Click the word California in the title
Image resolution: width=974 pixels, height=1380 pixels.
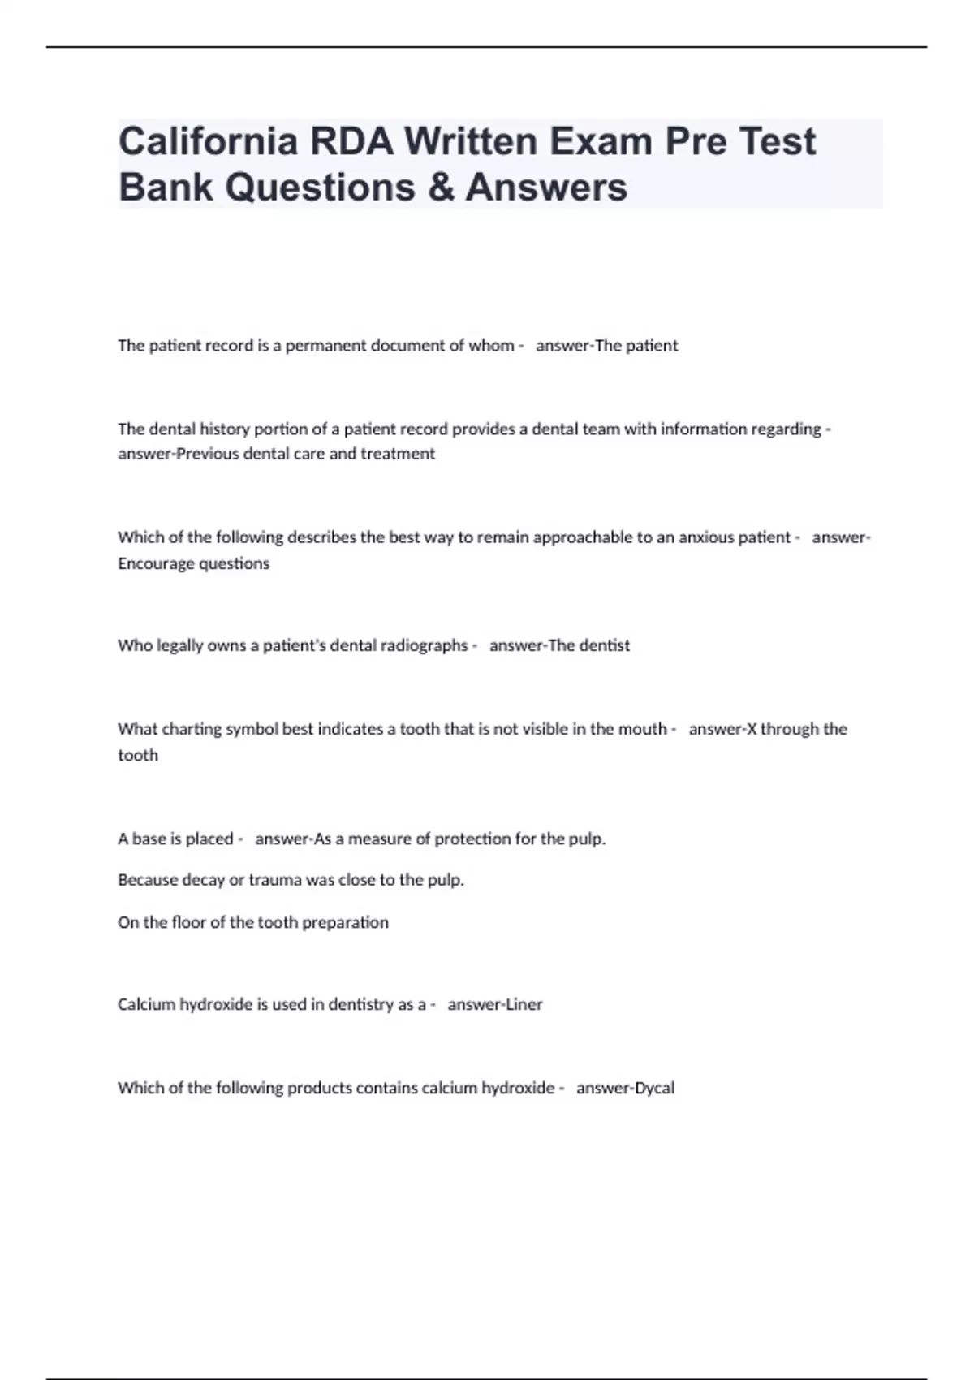pos(207,142)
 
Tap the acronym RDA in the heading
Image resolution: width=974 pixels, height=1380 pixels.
pos(349,142)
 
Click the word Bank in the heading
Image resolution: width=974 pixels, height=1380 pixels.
pos(165,188)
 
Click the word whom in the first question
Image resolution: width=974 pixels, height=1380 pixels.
pos(491,346)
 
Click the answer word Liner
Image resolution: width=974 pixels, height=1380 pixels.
pos(524,1005)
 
